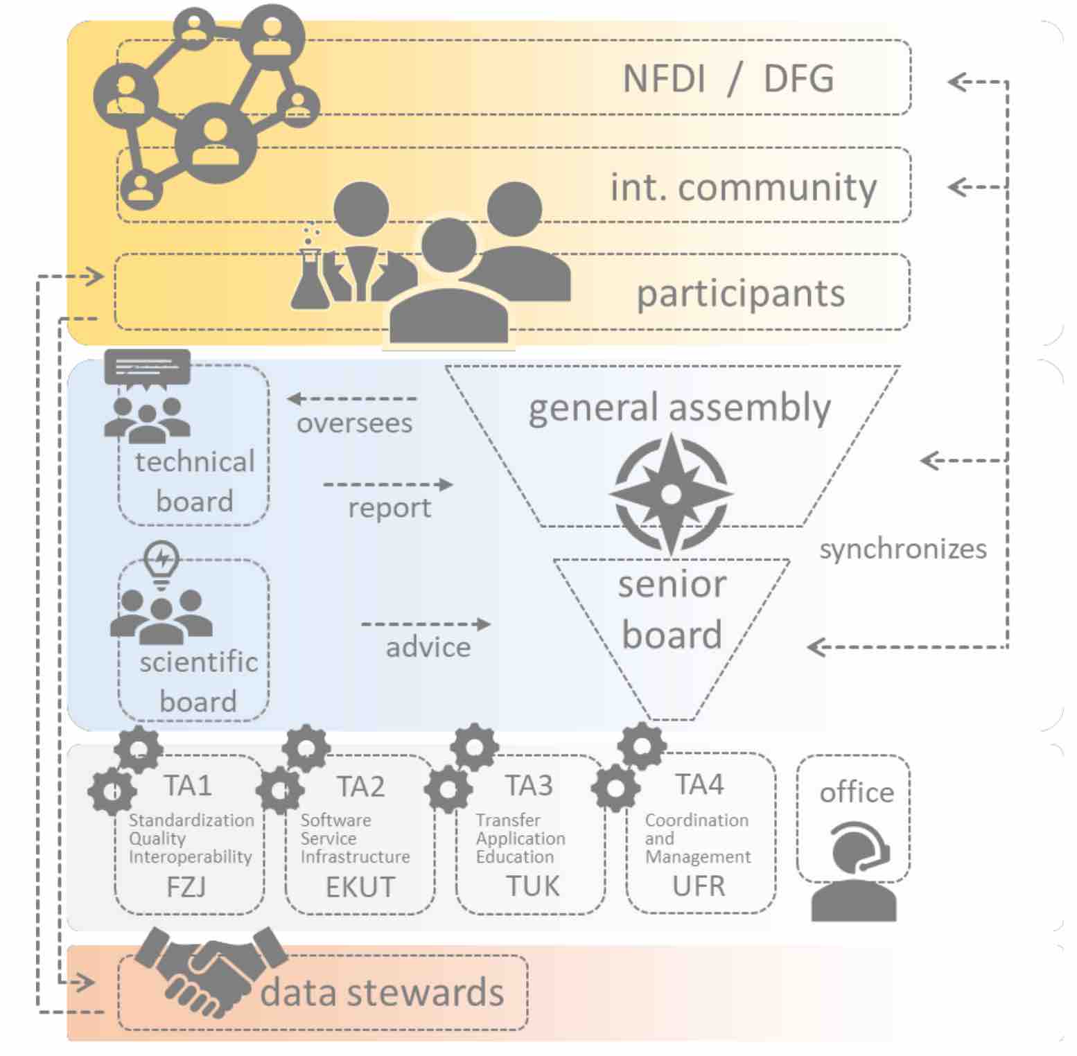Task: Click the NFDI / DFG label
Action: (x=728, y=78)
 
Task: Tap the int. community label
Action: (x=743, y=186)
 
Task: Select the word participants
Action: (x=740, y=293)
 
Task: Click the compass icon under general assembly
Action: (x=671, y=493)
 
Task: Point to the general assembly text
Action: (x=679, y=407)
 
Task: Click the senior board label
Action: (x=672, y=609)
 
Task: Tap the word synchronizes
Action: (x=902, y=549)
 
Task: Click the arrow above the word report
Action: (x=388, y=484)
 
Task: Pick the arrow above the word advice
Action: (x=426, y=624)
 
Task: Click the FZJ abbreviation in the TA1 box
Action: (x=186, y=887)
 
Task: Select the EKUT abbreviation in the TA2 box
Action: (x=360, y=887)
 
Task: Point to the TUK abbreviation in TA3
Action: (x=532, y=886)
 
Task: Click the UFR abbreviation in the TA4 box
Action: (x=698, y=886)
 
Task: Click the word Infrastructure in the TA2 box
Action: (x=355, y=857)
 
